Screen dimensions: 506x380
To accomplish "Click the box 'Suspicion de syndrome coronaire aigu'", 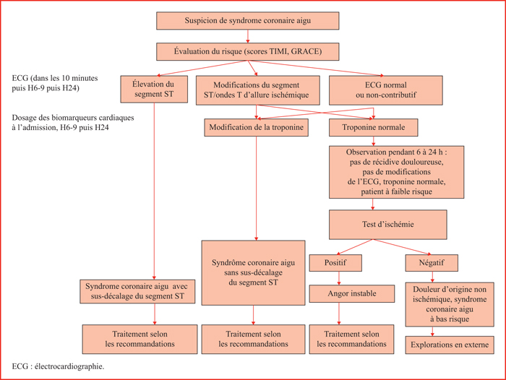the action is click(247, 21).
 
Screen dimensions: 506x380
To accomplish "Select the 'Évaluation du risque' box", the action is click(247, 51).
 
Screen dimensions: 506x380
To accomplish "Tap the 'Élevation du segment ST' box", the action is click(154, 89).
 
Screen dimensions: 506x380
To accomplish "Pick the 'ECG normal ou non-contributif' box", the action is click(385, 90).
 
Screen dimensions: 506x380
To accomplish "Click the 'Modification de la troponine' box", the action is click(256, 127).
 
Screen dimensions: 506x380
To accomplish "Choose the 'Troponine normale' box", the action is click(374, 127).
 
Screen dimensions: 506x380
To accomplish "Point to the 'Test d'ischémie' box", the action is click(388, 225).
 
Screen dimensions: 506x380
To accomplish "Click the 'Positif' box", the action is click(335, 263).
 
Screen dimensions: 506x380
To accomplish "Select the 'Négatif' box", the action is click(432, 263).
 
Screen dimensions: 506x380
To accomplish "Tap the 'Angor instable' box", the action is click(352, 293).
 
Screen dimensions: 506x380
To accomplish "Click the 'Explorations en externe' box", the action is click(450, 345).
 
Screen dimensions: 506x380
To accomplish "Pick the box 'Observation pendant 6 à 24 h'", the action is click(396, 172).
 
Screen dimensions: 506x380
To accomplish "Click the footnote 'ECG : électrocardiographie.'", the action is click(58, 366).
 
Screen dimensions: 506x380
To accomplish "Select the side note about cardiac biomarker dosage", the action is click(73, 123).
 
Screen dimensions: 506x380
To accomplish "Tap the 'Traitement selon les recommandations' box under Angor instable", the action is click(351, 339).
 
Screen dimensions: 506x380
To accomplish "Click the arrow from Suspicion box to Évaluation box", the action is click(247, 36).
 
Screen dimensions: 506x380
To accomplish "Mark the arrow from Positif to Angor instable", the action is click(339, 278).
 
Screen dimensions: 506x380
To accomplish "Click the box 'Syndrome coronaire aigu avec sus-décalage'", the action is click(137, 291).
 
